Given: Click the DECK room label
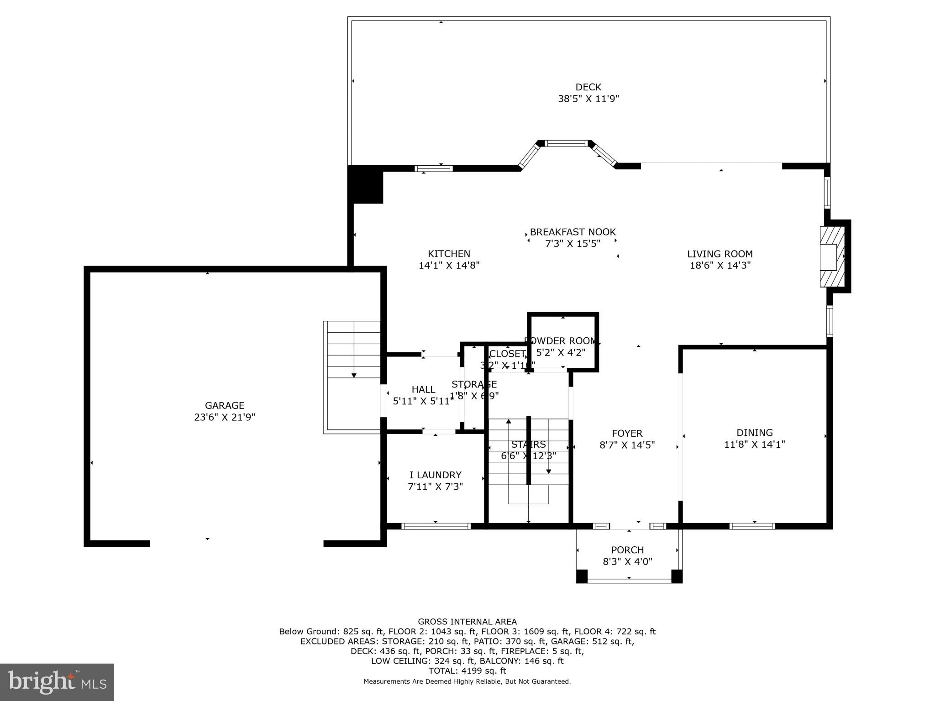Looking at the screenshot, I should coord(588,87).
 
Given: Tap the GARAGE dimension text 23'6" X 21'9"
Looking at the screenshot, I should coord(224,417).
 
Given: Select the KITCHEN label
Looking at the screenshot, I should coord(449,254).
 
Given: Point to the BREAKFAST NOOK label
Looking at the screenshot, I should coord(573,232).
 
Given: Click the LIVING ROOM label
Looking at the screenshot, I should coord(720,254).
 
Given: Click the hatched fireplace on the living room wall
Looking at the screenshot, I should coord(832,256).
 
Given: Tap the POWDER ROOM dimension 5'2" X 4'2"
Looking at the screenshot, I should coord(561,352).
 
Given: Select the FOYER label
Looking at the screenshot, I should coord(627,433).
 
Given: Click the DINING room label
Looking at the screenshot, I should coord(754,432).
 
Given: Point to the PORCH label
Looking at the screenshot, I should coord(627,550).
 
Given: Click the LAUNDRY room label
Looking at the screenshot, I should coord(435,475).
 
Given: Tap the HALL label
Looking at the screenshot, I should coord(423,389).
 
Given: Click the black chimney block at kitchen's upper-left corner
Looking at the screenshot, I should coord(365,184).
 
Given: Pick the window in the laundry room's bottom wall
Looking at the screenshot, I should coord(436,526).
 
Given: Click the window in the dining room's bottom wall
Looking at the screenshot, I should coord(752,526).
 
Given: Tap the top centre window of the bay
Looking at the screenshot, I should coord(567,143).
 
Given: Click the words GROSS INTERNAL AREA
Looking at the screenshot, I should coord(467,622).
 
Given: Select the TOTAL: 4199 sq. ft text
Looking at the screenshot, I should coord(467,671).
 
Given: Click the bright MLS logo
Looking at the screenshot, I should coord(57,682).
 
